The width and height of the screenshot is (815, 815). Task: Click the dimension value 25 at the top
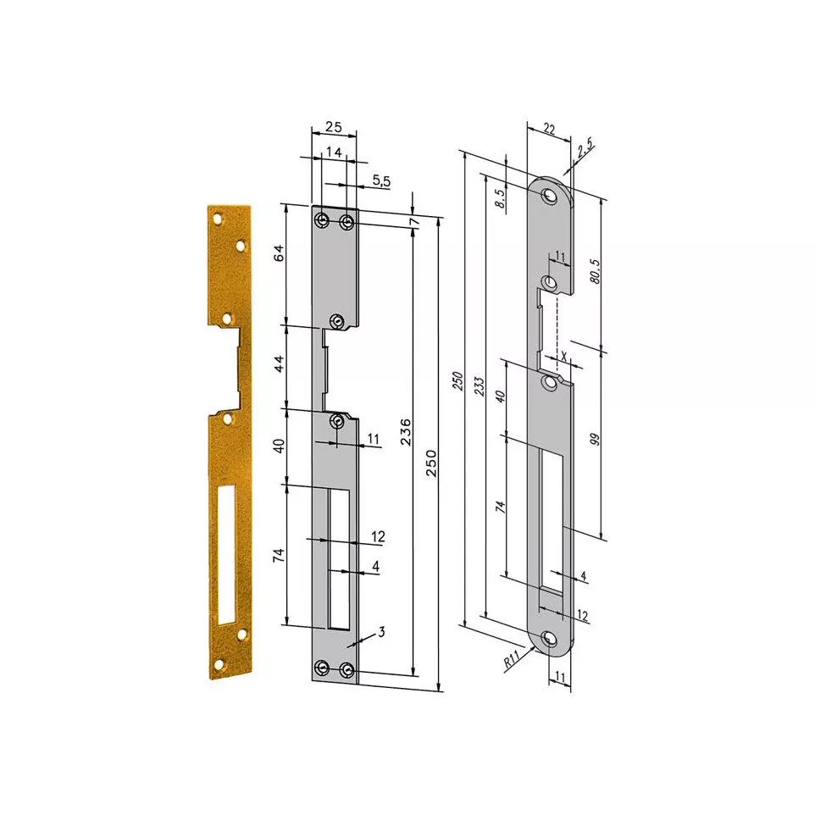pyautogui.click(x=334, y=126)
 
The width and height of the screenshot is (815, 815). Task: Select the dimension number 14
pyautogui.click(x=334, y=152)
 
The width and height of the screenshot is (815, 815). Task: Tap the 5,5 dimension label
pyautogui.click(x=381, y=181)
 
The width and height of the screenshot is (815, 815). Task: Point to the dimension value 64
pyautogui.click(x=279, y=252)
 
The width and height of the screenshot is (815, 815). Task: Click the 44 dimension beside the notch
pyautogui.click(x=279, y=363)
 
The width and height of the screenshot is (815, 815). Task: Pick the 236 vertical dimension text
pyautogui.click(x=406, y=432)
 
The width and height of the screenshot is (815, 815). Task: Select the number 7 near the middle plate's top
pyautogui.click(x=413, y=221)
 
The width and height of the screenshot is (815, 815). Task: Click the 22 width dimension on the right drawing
pyautogui.click(x=549, y=129)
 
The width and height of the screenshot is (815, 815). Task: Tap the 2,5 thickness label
pyautogui.click(x=585, y=147)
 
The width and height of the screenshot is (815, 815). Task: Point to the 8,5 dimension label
pyautogui.click(x=500, y=198)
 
